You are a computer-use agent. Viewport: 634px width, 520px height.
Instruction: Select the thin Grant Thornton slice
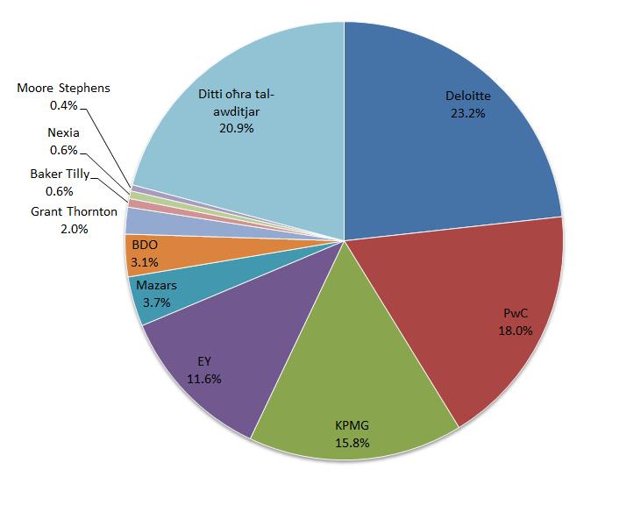161,224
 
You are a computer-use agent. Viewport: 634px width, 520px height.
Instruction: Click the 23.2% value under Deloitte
467,113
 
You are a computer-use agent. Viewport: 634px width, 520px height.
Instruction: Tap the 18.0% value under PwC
515,331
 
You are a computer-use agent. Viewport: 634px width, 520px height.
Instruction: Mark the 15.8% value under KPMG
353,443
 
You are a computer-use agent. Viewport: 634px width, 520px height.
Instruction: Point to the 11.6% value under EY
203,380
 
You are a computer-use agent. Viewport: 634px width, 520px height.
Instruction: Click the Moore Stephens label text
63,89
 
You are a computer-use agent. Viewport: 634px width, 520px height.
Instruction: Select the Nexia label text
63,132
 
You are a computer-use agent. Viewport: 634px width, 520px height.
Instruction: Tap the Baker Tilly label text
60,174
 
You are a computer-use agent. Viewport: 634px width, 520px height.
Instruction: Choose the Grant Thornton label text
74,211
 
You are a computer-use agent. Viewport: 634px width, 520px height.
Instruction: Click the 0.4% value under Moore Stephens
63,105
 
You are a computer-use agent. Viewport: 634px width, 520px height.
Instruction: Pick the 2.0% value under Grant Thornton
74,229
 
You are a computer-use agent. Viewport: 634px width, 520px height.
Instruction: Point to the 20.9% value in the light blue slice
237,128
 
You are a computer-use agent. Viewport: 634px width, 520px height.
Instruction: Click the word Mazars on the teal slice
156,286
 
